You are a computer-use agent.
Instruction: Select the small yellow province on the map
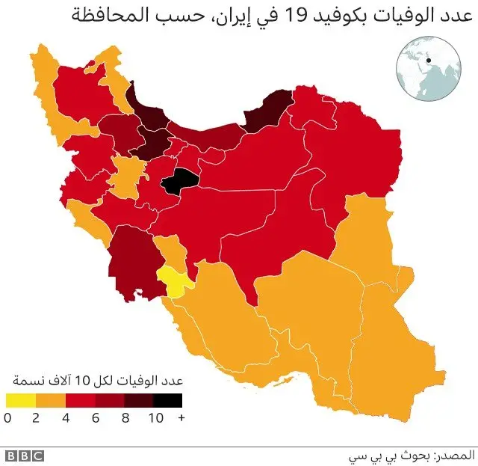[x=173, y=282]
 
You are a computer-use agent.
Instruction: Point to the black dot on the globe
[x=429, y=61]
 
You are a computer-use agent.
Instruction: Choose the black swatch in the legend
[x=169, y=401]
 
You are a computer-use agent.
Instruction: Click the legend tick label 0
[x=7, y=418]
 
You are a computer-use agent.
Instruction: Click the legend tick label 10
[x=155, y=418]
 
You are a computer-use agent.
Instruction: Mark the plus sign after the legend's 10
[x=180, y=418]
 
